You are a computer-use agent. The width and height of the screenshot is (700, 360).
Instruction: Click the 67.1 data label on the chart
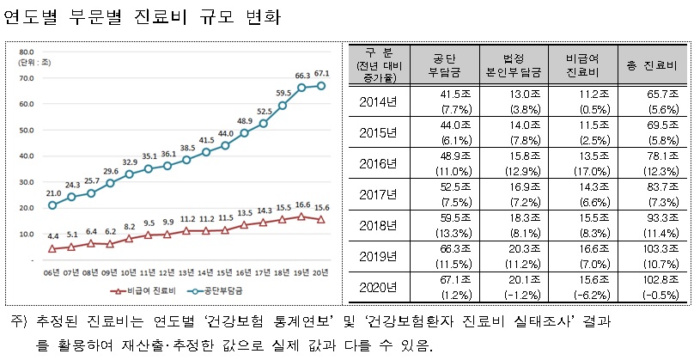(321, 73)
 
